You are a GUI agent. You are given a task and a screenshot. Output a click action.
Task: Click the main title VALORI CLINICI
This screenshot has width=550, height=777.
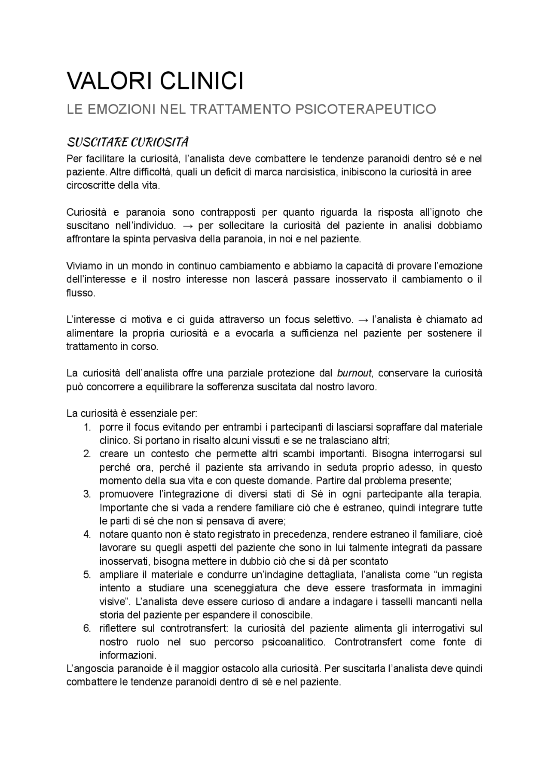tap(155, 81)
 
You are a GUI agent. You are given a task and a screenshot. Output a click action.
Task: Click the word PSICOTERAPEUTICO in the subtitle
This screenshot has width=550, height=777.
tap(365, 109)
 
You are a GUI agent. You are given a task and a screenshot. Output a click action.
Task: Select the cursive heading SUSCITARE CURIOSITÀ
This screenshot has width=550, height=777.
tap(128, 142)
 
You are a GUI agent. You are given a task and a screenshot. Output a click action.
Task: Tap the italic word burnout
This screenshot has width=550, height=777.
tap(354, 373)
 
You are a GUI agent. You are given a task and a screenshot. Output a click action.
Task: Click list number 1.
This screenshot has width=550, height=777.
tap(87, 427)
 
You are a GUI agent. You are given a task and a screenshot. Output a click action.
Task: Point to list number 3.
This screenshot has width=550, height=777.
tap(87, 494)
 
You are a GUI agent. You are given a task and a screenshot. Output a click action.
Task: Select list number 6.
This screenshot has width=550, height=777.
tap(87, 628)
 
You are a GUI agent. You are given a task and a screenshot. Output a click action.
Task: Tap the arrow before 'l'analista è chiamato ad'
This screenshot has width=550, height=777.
tap(363, 319)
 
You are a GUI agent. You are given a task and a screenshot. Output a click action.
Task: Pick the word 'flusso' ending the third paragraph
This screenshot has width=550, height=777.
tap(80, 293)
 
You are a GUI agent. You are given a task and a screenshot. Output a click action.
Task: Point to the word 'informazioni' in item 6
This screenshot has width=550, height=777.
tap(127, 655)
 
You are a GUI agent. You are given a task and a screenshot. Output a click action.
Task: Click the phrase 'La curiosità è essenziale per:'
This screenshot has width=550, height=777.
tap(132, 413)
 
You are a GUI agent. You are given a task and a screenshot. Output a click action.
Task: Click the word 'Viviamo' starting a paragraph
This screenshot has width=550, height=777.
tap(83, 266)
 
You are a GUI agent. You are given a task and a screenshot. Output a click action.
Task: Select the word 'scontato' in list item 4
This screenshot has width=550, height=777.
tap(370, 561)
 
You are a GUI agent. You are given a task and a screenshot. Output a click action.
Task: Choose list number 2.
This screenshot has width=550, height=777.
tap(87, 454)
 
